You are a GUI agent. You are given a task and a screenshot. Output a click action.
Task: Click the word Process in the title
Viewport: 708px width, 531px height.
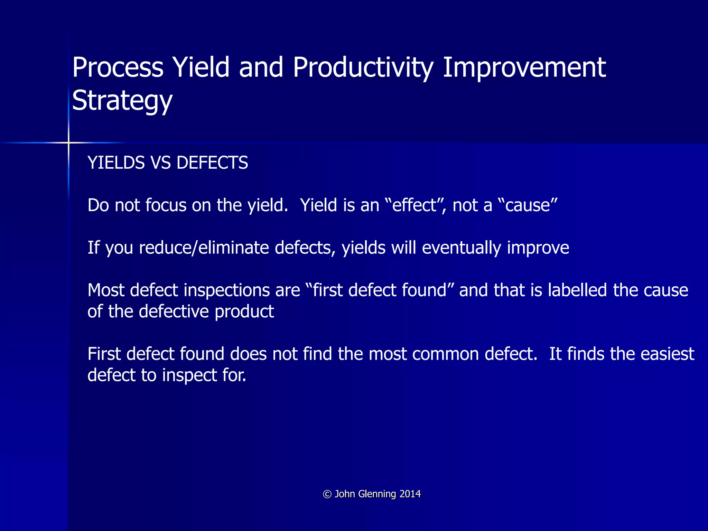pos(118,67)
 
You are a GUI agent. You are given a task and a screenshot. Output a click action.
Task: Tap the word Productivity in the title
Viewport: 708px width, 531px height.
pos(363,67)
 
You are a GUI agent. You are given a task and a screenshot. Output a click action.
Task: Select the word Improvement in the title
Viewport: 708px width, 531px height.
pos(524,67)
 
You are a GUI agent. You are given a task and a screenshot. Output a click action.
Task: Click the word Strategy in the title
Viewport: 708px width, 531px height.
pos(122,101)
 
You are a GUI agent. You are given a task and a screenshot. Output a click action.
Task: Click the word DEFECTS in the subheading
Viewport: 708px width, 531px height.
pos(212,163)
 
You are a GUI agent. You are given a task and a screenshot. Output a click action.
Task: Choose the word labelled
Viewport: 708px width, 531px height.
pos(577,290)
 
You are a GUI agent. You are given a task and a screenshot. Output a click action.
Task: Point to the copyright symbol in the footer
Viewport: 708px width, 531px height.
pos(327,494)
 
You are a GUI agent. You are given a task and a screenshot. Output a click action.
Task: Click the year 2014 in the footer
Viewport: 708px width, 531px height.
pos(410,494)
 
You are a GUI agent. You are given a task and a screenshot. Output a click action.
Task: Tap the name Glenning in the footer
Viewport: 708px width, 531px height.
pos(377,494)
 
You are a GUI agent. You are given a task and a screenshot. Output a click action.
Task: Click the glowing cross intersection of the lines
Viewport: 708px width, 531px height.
pos(68,142)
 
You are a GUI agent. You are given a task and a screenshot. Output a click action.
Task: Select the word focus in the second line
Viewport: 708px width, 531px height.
pos(166,205)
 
